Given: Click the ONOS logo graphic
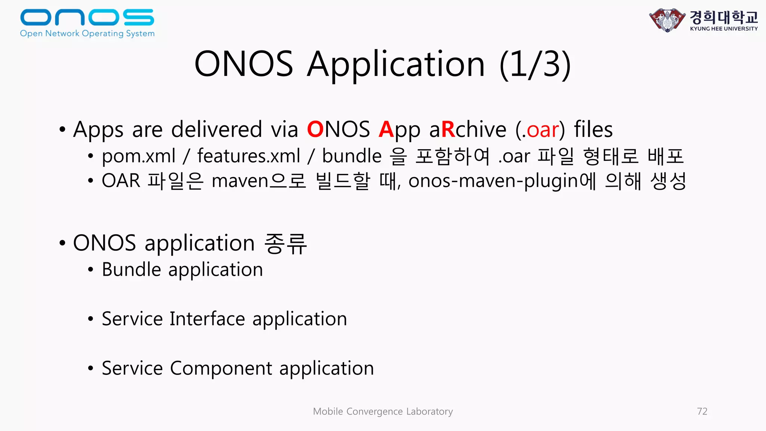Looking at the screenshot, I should [87, 17].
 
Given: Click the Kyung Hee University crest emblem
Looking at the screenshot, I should [667, 20].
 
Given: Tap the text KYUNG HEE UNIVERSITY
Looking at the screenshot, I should [724, 29].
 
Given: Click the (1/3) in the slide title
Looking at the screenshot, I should [535, 64].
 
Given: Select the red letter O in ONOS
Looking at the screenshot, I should [315, 129].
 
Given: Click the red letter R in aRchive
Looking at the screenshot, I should [448, 129].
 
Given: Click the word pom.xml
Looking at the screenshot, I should [138, 156].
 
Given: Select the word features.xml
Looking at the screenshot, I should [249, 156].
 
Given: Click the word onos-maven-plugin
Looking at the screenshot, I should [493, 181].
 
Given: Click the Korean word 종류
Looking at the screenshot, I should [285, 243].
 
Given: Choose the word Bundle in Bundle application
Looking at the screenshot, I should [131, 269].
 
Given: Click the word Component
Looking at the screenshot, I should [221, 369].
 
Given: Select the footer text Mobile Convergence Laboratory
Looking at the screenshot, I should [383, 412].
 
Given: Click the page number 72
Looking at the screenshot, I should [702, 412].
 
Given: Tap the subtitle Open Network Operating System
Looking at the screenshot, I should [87, 34].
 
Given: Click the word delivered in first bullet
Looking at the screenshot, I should [217, 129].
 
